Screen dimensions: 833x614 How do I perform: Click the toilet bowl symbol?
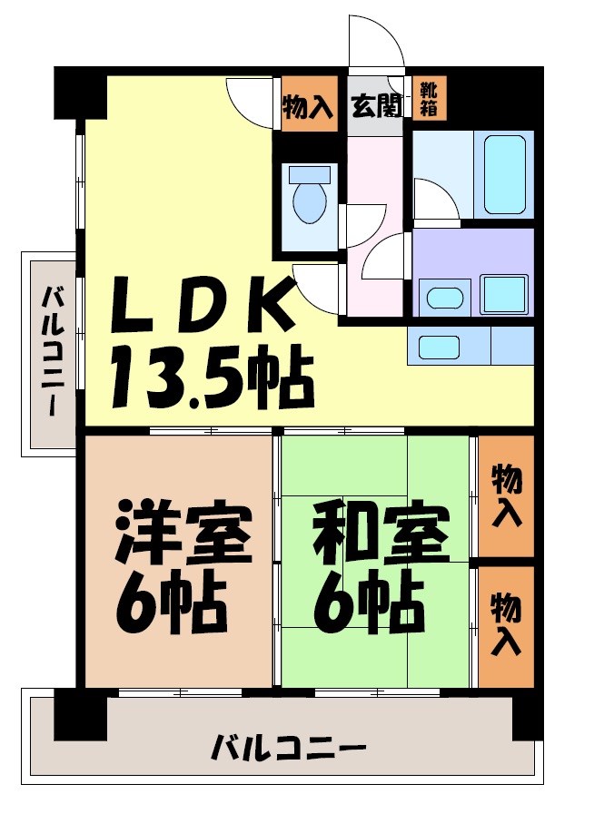point(310,201)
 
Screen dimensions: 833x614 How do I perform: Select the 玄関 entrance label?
point(375,107)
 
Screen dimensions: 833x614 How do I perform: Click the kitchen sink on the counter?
point(438,346)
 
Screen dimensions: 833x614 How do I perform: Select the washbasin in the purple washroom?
point(444,297)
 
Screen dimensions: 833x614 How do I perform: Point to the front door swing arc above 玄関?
point(374,45)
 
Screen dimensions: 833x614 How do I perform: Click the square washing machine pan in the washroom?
point(504,294)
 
